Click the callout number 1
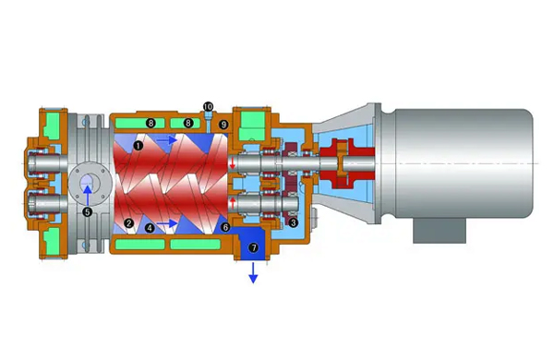138,145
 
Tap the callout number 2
128,223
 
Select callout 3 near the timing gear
293,223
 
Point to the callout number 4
150,228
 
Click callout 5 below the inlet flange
87,212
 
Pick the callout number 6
225,227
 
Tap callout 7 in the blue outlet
253,247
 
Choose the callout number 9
223,125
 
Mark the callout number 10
208,106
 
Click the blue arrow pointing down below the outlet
253,272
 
